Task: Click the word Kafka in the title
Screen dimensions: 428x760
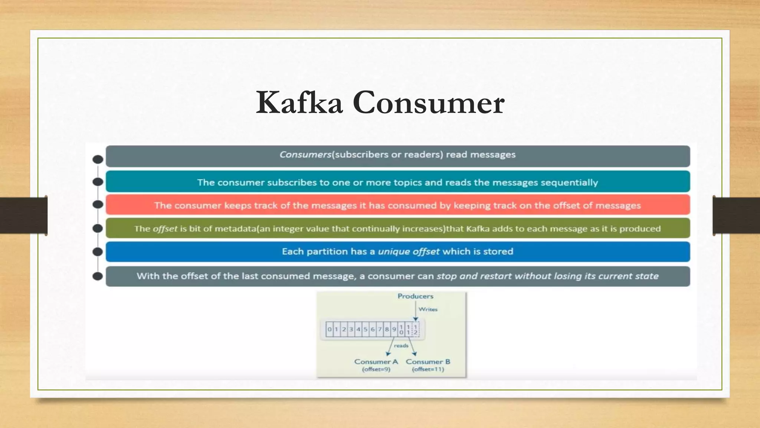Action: pyautogui.click(x=299, y=103)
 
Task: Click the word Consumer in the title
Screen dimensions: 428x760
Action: pyautogui.click(x=428, y=103)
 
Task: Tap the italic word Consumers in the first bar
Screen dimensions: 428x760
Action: pyautogui.click(x=305, y=155)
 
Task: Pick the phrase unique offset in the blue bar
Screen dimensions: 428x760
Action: pyautogui.click(x=409, y=252)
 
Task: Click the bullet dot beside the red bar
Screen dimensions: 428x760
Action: pyautogui.click(x=98, y=204)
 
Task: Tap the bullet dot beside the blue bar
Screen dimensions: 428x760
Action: pyautogui.click(x=98, y=252)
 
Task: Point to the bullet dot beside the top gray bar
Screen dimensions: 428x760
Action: pyautogui.click(x=98, y=159)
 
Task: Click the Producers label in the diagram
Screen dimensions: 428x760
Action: pyautogui.click(x=415, y=296)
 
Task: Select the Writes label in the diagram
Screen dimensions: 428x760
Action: pyautogui.click(x=428, y=309)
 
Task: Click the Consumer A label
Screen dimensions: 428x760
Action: pyautogui.click(x=376, y=361)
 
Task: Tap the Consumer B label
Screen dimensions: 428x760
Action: pyautogui.click(x=428, y=361)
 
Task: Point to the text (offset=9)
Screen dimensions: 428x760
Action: pyautogui.click(x=376, y=369)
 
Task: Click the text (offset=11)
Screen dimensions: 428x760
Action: pyautogui.click(x=428, y=369)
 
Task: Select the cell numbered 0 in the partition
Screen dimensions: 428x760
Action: pyautogui.click(x=329, y=329)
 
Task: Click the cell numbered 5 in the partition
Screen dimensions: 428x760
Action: pyautogui.click(x=366, y=329)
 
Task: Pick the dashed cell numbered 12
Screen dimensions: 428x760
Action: pyautogui.click(x=416, y=330)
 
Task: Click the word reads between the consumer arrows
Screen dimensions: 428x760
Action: pyautogui.click(x=401, y=346)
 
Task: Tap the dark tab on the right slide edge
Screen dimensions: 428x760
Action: pyautogui.click(x=736, y=215)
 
